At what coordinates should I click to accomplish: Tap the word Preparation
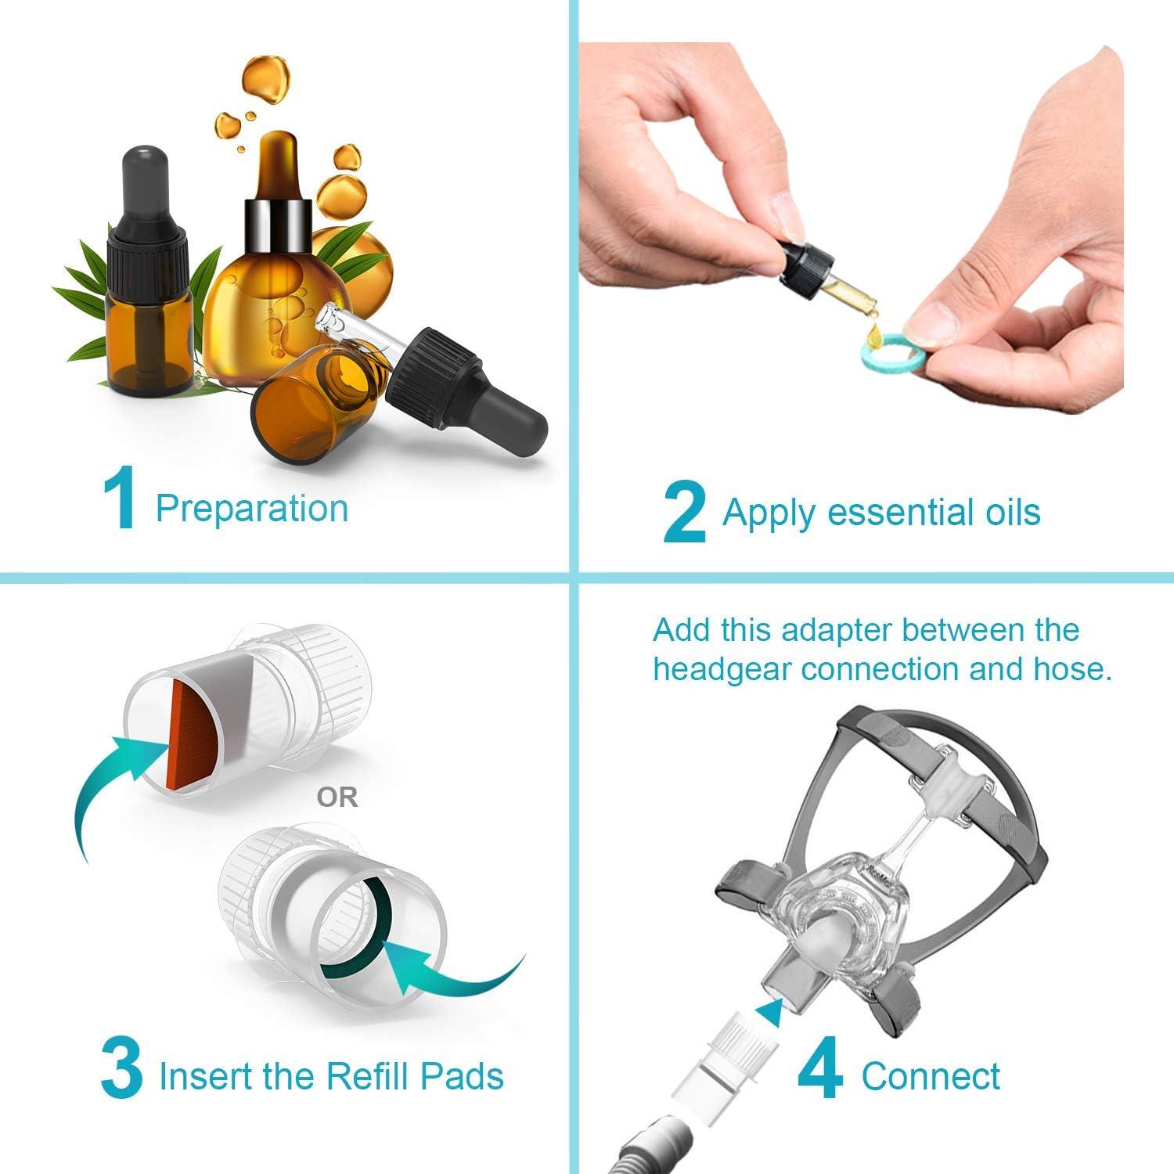pos(251,508)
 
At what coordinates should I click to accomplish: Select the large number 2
pos(684,513)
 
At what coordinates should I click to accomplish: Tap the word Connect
pos(930,1076)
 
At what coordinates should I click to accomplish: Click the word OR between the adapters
pos(337,798)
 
